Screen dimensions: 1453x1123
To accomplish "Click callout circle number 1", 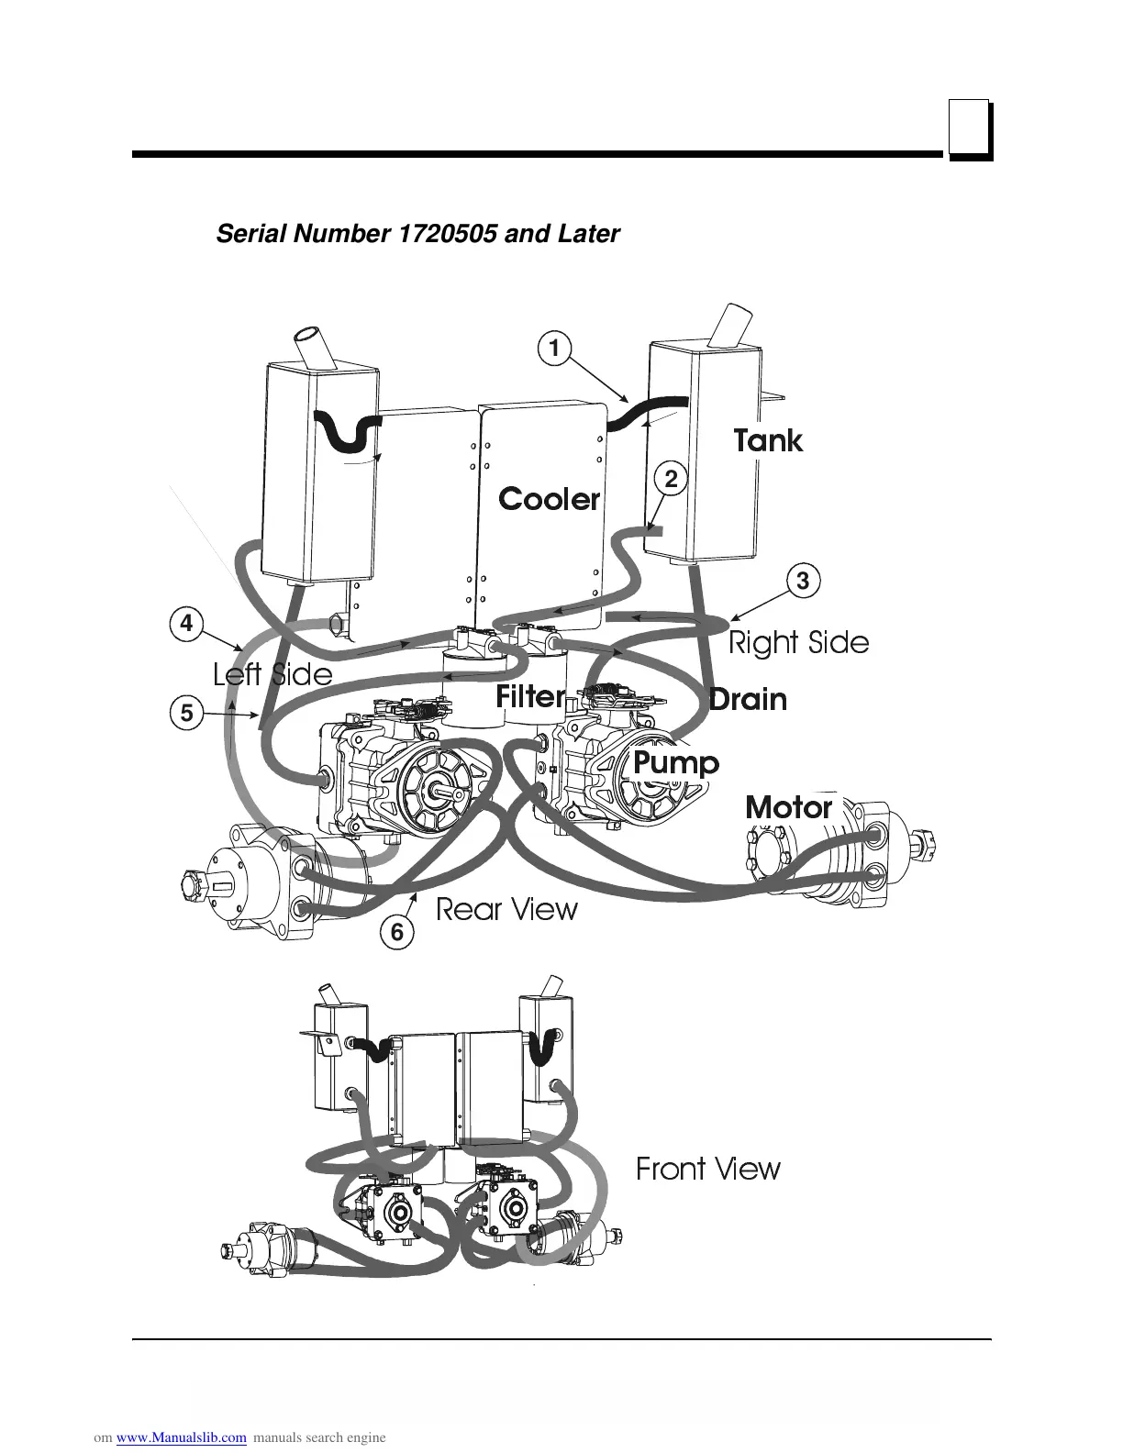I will click(x=553, y=349).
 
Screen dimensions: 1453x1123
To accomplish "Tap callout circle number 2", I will click(x=671, y=479).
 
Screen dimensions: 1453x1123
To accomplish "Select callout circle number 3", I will click(x=803, y=581).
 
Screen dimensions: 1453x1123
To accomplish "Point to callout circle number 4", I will click(x=186, y=624).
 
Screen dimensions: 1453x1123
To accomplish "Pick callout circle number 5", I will click(x=186, y=712).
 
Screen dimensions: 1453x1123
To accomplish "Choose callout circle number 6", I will click(x=396, y=933).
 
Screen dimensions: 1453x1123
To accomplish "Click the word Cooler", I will click(x=549, y=499).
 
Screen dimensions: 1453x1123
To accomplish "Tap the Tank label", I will click(x=768, y=441).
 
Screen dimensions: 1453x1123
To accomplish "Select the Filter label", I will click(x=529, y=697).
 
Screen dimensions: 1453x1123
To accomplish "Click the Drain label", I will click(x=748, y=700).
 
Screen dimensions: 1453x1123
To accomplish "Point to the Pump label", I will click(x=676, y=762).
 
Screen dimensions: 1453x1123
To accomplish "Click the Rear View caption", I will click(x=506, y=910).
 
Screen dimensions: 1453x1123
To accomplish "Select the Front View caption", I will click(x=708, y=1169).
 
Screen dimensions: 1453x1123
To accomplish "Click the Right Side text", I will click(x=798, y=642).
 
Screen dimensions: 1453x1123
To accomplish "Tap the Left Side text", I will click(x=272, y=675).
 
